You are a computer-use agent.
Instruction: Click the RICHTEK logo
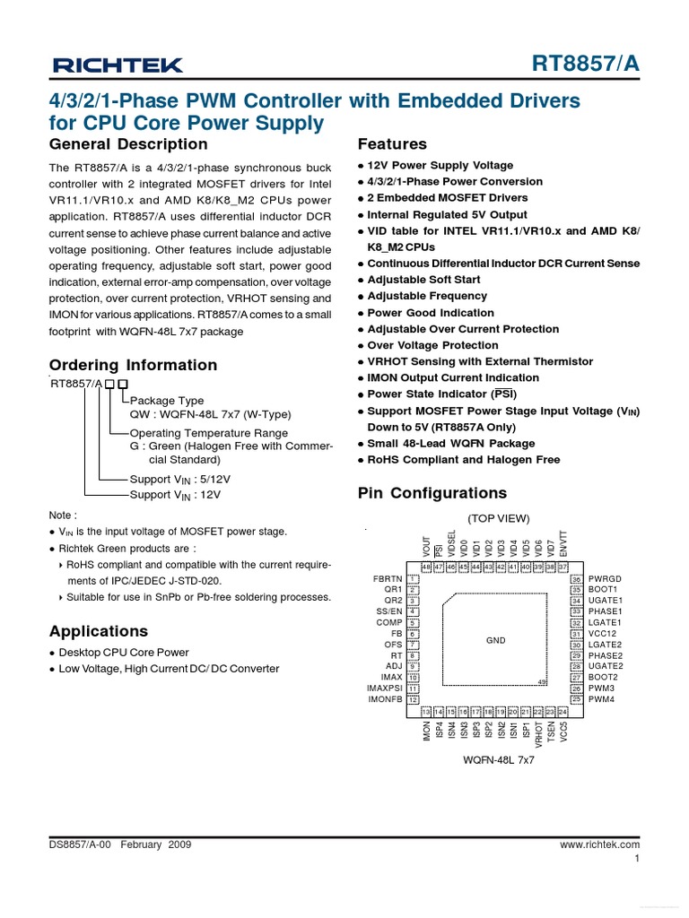[x=118, y=65]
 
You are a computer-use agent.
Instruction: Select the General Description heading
[x=127, y=144]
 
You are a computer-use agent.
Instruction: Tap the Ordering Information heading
[x=133, y=365]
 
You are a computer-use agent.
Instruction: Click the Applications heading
[x=99, y=630]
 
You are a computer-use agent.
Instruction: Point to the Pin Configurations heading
[x=432, y=493]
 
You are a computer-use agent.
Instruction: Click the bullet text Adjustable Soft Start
[x=423, y=280]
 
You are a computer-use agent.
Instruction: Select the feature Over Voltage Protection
[x=432, y=345]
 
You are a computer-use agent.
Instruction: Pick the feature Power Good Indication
[x=431, y=313]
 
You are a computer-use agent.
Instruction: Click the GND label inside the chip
[x=496, y=640]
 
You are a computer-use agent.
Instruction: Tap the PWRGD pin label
[x=606, y=579]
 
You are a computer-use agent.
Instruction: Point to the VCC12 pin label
[x=603, y=634]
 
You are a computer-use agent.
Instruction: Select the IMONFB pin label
[x=385, y=699]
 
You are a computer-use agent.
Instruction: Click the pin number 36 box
[x=577, y=579]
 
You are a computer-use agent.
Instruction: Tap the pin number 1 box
[x=414, y=579]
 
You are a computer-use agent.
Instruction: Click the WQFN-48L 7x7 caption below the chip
[x=498, y=759]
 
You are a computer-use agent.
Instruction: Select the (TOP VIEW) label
[x=498, y=519]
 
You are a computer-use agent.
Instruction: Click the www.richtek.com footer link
[x=599, y=844]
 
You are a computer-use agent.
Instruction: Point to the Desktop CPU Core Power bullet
[x=124, y=653]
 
